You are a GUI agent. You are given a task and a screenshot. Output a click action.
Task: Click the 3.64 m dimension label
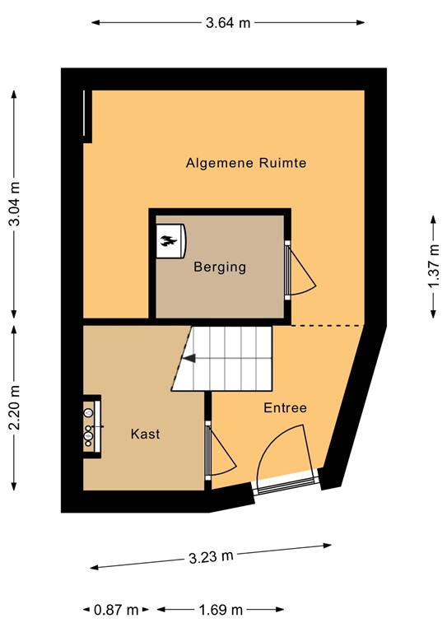[x=228, y=23]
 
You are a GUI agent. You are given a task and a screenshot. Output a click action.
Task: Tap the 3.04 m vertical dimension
[x=15, y=202]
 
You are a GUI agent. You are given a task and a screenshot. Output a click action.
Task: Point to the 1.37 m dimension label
[x=433, y=266]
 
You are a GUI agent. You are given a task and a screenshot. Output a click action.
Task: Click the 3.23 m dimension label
[x=211, y=557]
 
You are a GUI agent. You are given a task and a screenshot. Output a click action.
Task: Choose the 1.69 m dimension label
[x=220, y=610]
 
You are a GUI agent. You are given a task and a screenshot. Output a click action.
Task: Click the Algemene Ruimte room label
[x=246, y=163]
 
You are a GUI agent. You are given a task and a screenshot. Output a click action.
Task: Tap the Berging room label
[x=220, y=267]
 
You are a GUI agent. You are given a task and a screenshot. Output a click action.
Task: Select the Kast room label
[x=145, y=434]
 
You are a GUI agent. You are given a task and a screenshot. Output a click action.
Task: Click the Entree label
[x=285, y=408]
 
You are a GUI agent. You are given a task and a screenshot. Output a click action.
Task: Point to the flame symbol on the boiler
[x=169, y=241]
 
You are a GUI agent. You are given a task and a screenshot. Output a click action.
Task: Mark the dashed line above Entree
[x=328, y=326]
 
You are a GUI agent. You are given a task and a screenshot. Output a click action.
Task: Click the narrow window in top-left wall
[x=86, y=114]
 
